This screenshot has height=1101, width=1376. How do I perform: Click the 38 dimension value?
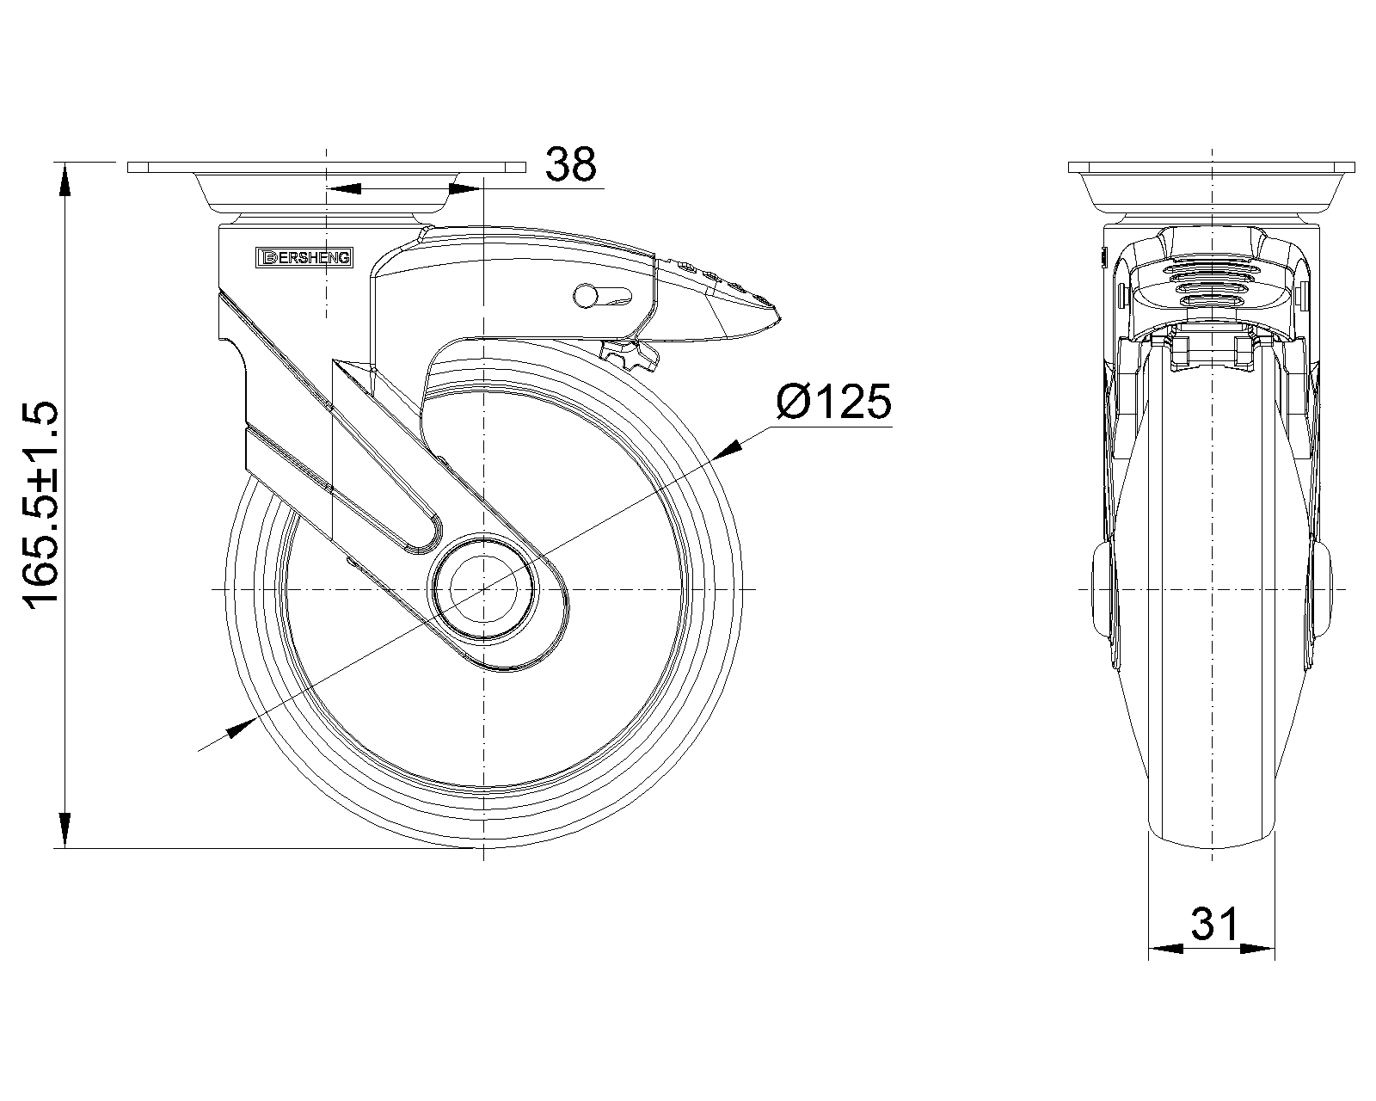click(570, 164)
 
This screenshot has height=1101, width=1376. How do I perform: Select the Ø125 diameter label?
click(834, 402)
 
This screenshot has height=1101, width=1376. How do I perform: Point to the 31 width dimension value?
click(1213, 924)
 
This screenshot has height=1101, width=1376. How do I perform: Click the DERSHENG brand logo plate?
click(304, 258)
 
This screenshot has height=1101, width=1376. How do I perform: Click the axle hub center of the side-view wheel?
click(484, 588)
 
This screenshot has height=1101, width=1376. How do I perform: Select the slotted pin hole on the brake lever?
click(603, 296)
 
